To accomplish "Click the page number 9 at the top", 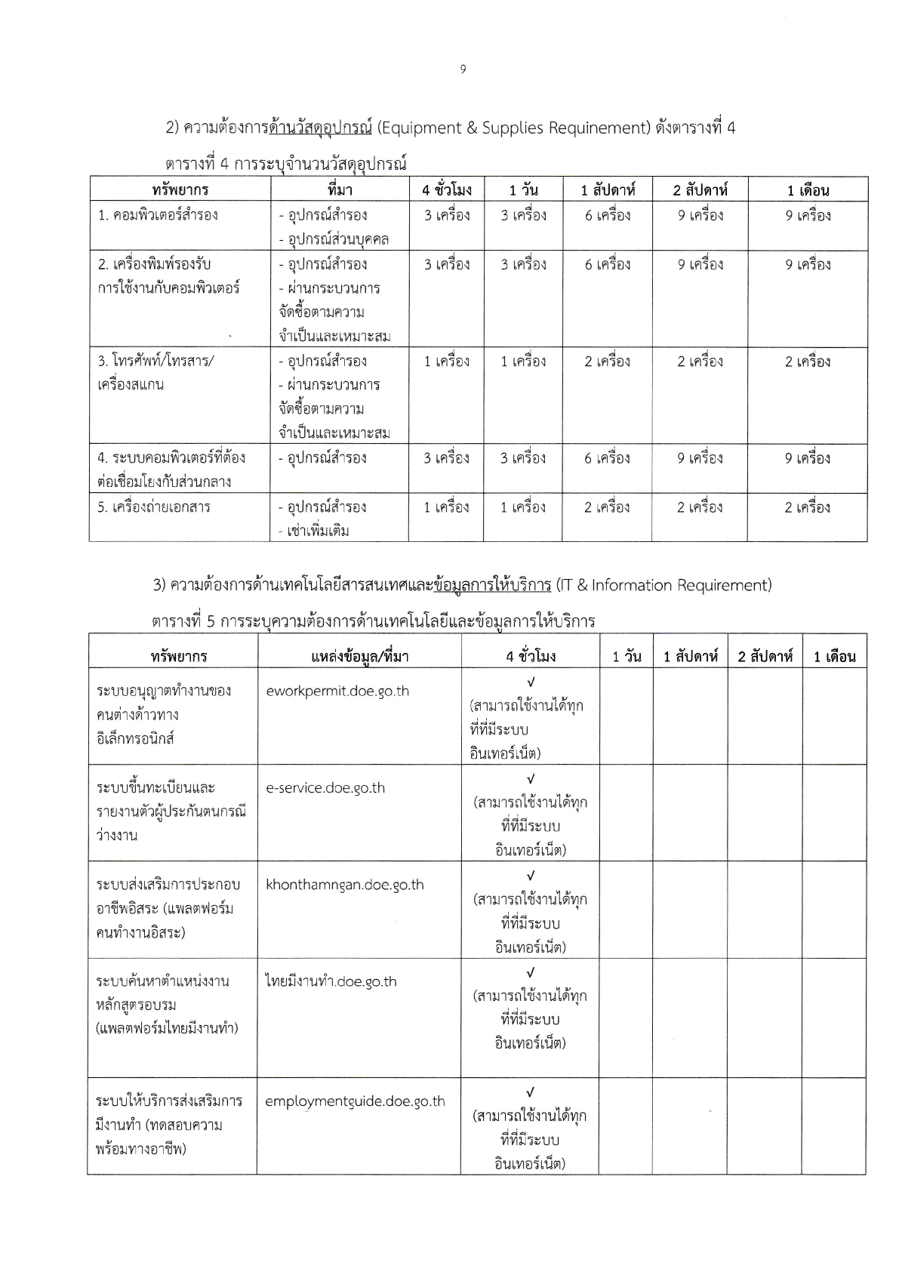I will [x=463, y=69].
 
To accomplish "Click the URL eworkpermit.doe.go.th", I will [x=337, y=691].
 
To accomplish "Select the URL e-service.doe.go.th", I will [x=325, y=788].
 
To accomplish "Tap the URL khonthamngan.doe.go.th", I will [x=345, y=885].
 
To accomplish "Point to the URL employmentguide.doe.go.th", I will [x=355, y=1101].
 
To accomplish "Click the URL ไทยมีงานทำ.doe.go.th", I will [x=331, y=981].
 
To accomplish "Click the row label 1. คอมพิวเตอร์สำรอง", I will [x=158, y=215].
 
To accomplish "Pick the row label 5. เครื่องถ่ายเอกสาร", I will [x=154, y=507].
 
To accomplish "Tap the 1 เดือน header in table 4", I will [x=808, y=189].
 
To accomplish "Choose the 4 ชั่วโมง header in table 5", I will [x=531, y=656].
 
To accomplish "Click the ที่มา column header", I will [x=340, y=189].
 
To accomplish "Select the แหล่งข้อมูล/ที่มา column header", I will [x=359, y=656].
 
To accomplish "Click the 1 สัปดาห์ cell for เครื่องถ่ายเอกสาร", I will [x=607, y=507].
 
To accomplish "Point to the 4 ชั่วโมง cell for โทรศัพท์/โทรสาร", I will [x=446, y=362].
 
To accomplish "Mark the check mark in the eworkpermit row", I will [x=531, y=682].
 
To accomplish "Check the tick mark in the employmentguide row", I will [x=530, y=1092].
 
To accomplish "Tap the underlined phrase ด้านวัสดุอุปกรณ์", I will [x=321, y=128].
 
